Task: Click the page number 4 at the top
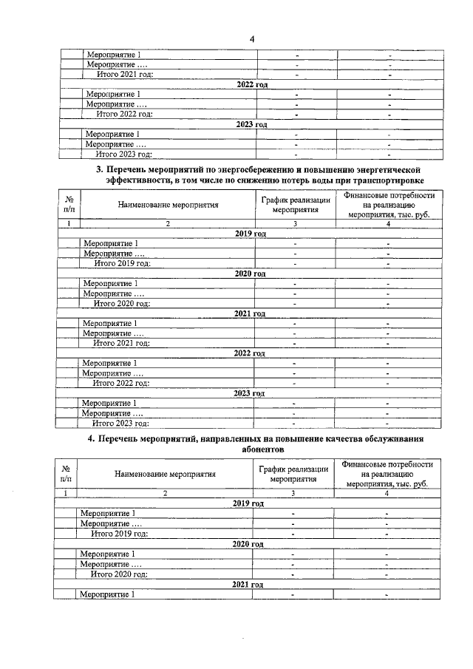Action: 251,39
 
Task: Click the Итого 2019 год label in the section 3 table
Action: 121,263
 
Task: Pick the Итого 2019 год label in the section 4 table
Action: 119,533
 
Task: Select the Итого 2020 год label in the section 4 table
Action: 119,574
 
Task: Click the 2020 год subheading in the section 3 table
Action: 250,274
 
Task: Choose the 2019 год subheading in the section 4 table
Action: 248,503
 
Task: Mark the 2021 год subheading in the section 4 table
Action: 248,584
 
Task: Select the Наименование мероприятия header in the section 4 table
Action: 166,475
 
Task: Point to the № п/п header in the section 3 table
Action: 69,205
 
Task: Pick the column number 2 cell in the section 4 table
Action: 166,493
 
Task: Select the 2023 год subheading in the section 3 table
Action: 249,393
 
